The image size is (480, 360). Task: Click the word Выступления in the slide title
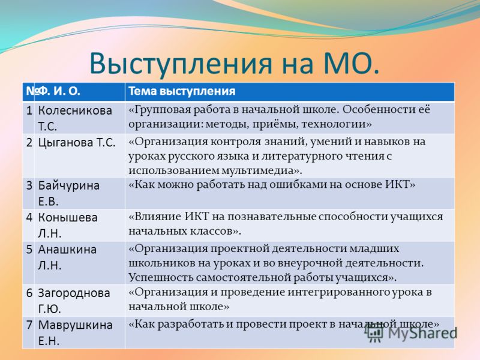(x=181, y=64)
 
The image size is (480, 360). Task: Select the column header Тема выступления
(x=182, y=91)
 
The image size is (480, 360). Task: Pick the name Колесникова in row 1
(x=75, y=110)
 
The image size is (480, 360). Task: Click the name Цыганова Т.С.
(x=77, y=143)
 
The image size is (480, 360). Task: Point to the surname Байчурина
(x=68, y=185)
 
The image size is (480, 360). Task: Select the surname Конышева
(x=68, y=217)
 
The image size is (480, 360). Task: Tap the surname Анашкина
(x=67, y=250)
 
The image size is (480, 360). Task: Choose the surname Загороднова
(x=74, y=293)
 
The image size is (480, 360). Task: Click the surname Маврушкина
(x=75, y=325)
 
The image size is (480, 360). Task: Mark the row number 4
(x=29, y=217)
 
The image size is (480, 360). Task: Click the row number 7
(x=29, y=325)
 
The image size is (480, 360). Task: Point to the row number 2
(x=29, y=142)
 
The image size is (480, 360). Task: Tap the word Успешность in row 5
(x=160, y=278)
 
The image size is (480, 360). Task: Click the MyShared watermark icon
(x=374, y=333)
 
